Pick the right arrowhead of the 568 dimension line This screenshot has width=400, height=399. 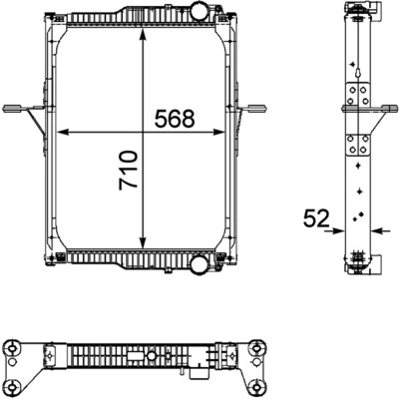tap(227, 131)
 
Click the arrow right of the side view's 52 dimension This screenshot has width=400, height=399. tap(376, 229)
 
